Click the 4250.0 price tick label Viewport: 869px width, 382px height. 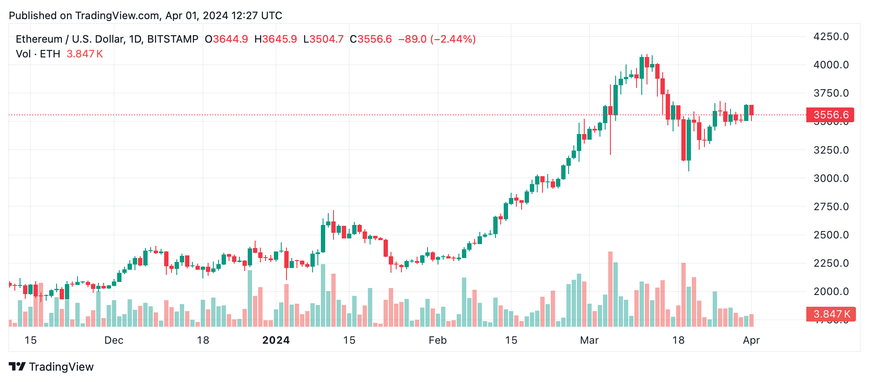point(831,37)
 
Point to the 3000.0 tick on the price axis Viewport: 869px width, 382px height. point(831,178)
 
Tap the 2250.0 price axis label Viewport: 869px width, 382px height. point(831,263)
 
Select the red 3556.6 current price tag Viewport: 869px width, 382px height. point(830,115)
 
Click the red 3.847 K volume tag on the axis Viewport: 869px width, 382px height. point(831,314)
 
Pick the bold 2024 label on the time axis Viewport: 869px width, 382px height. point(276,340)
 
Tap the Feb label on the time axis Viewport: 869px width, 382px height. point(438,340)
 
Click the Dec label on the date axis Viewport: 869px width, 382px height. point(114,340)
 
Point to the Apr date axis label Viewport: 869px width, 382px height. point(751,340)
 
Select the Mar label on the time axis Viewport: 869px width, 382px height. point(589,340)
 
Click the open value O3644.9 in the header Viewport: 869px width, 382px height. point(226,39)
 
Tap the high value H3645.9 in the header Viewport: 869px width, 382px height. point(276,39)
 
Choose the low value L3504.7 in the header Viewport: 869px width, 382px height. point(323,39)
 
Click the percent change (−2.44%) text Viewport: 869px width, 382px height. point(453,39)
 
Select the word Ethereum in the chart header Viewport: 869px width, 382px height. point(39,39)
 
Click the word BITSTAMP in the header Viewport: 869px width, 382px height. point(172,39)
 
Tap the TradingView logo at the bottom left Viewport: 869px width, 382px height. point(51,367)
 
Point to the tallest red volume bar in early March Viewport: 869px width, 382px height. point(610,289)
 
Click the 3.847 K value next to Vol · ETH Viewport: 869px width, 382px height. point(84,54)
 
